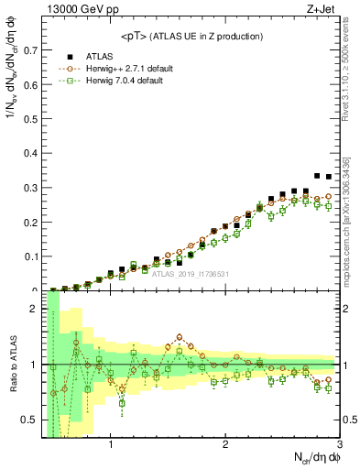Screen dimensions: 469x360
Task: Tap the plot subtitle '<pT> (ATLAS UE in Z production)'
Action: coord(191,36)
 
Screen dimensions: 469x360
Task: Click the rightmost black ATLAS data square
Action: coord(329,177)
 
